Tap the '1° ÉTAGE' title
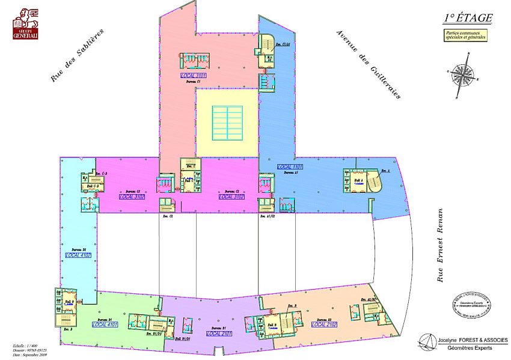[x=468, y=19]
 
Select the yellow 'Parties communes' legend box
[x=466, y=35]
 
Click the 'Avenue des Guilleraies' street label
[x=368, y=64]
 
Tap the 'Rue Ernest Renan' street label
[x=441, y=245]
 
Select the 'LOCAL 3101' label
[x=194, y=76]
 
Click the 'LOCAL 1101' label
[x=289, y=166]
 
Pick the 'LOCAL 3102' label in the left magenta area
[x=132, y=197]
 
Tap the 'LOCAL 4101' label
[x=105, y=325]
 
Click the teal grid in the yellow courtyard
[x=227, y=123]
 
